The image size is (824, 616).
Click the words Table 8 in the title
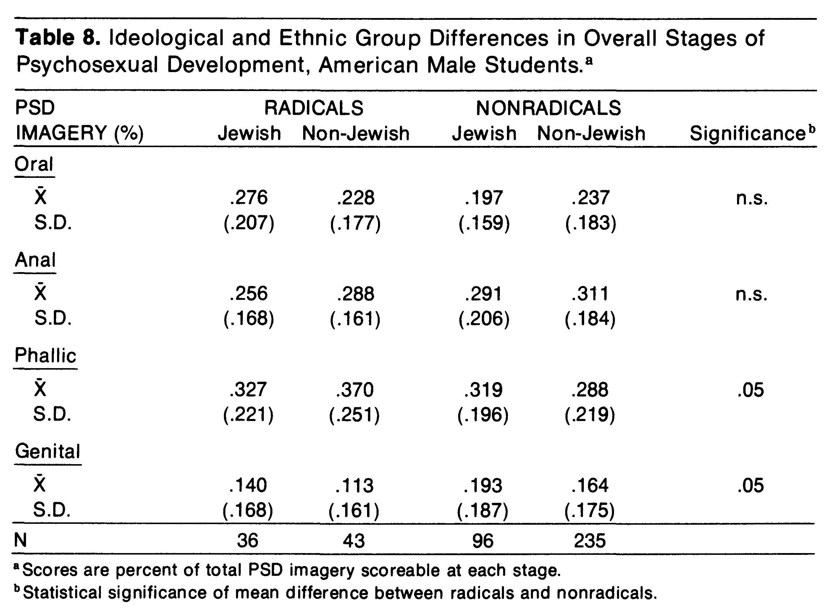coord(58,38)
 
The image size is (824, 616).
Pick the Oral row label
coord(34,164)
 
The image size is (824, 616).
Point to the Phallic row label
coord(46,355)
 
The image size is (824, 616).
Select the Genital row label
coord(48,451)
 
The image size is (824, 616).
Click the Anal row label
coord(35,260)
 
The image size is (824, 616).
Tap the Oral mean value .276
coord(249,198)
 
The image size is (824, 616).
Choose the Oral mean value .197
coord(484,198)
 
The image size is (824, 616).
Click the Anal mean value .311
coord(590,294)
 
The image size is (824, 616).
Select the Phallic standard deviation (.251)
coord(354,415)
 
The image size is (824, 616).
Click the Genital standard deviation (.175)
coord(589,511)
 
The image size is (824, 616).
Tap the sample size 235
coord(590,541)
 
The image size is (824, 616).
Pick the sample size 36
coord(247,541)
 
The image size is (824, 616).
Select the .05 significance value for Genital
coord(751,486)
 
